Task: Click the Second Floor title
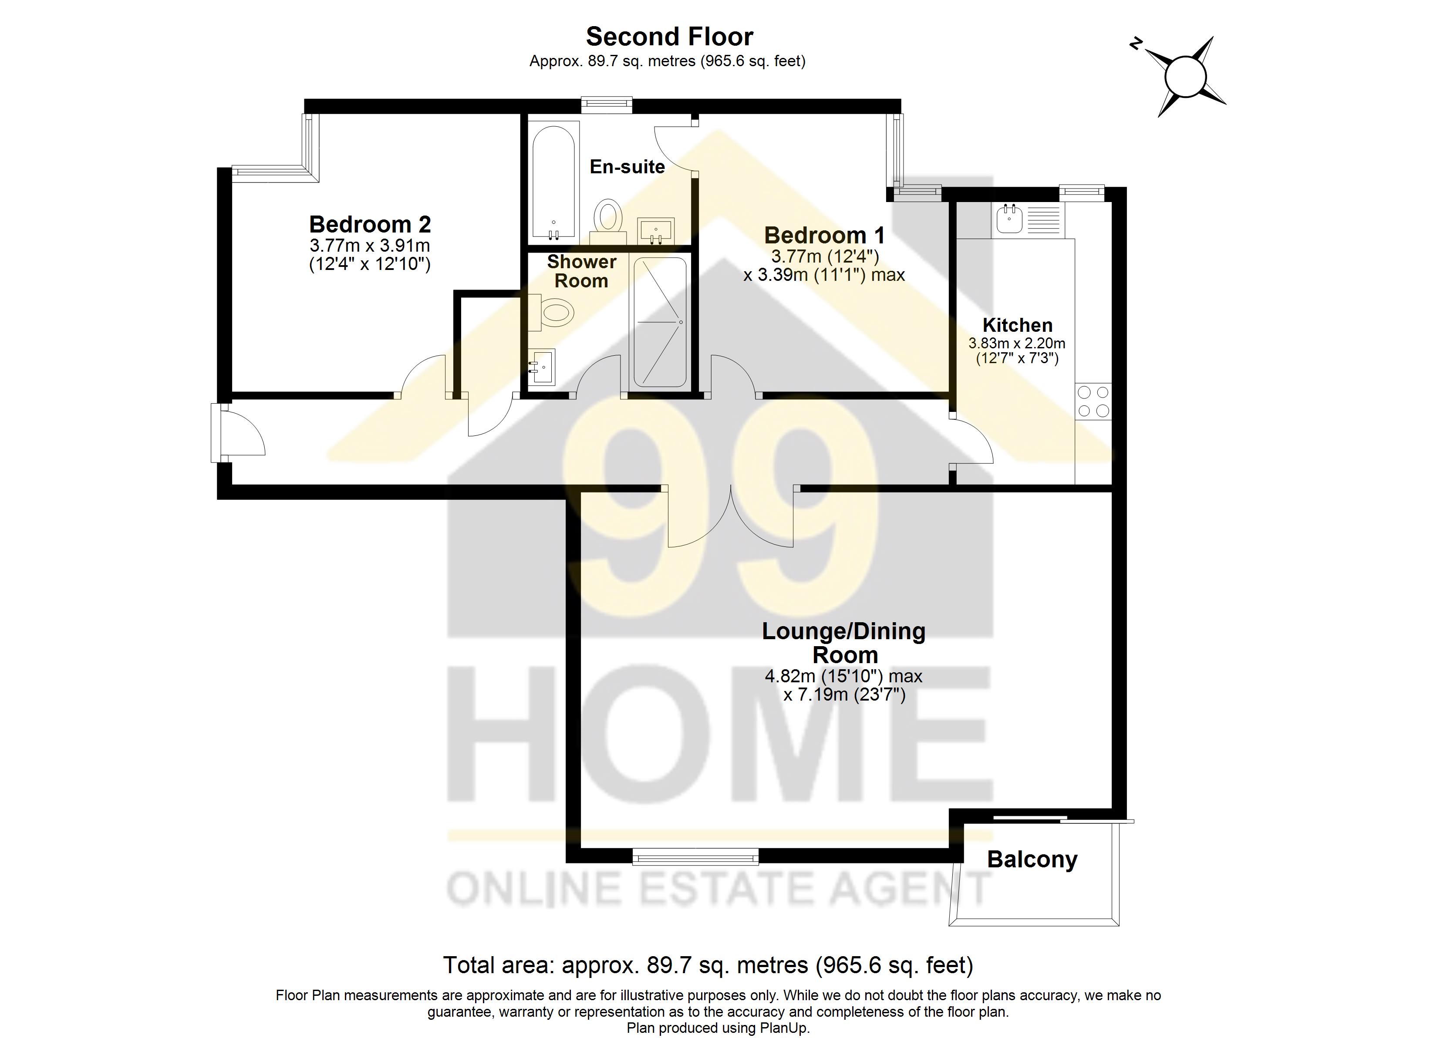(x=669, y=37)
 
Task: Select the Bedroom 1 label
(x=824, y=235)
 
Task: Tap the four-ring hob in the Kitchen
(x=1093, y=401)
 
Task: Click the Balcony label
(x=1032, y=860)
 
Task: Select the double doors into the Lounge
(x=731, y=516)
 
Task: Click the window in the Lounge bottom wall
(x=695, y=857)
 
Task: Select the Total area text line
(x=707, y=965)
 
